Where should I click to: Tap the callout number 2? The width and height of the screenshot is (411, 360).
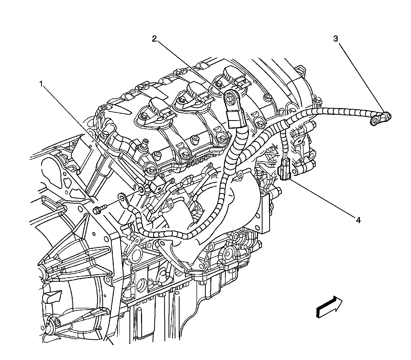(154, 39)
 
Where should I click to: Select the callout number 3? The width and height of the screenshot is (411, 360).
(336, 39)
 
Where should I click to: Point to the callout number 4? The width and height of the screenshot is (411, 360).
(358, 220)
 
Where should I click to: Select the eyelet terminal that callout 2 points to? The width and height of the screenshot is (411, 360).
(230, 97)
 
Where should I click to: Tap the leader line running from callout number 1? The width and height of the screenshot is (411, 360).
(90, 136)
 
